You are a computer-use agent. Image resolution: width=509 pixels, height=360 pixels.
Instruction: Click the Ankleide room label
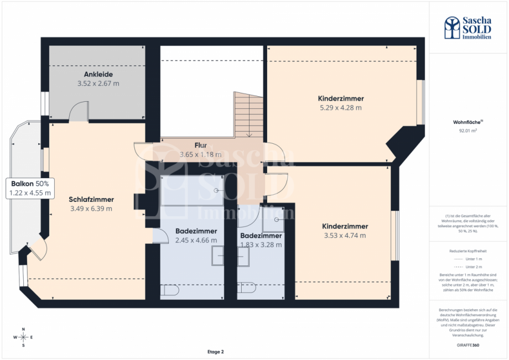pos(98,74)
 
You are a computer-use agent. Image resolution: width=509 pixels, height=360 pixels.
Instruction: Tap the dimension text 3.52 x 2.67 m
pos(98,84)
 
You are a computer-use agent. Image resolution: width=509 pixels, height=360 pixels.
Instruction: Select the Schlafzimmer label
pos(91,199)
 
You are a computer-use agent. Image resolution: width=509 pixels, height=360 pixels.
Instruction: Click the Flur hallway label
pos(200,145)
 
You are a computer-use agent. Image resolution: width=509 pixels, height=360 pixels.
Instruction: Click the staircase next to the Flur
pos(248,115)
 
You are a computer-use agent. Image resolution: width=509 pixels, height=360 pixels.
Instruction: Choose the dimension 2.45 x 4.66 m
pos(196,241)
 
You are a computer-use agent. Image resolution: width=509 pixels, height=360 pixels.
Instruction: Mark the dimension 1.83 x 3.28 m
pos(261,244)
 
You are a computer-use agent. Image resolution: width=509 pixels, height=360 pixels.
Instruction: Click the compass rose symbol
pos(23,337)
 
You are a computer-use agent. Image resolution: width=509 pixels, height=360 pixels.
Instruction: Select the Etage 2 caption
pos(215,351)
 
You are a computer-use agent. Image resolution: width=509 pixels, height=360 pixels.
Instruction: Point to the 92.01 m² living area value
pos(469,131)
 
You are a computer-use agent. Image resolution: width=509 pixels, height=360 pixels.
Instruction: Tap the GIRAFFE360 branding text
pos(469,345)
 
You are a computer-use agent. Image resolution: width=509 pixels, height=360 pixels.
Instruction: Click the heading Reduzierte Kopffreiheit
pos(468,251)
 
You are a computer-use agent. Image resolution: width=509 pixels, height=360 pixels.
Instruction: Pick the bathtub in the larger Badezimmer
pos(191,191)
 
